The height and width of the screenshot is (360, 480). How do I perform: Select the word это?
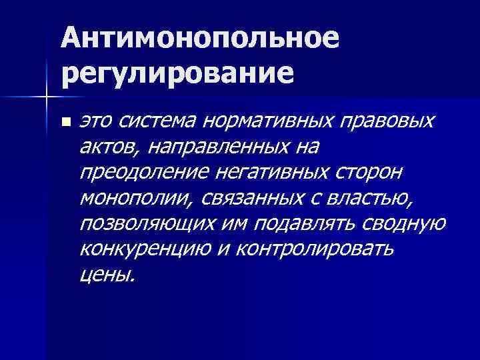pos(96,122)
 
